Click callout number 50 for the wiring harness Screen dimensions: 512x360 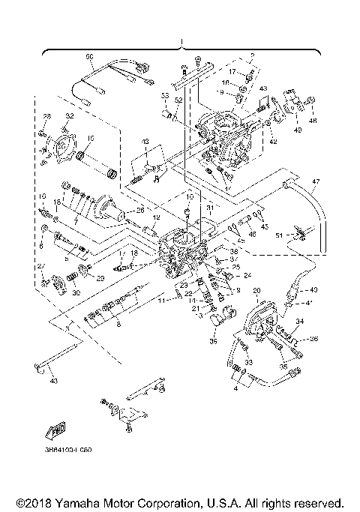click(88, 57)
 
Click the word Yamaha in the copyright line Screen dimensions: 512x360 click(79, 502)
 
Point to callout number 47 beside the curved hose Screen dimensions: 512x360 click(316, 182)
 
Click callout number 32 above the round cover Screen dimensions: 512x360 click(68, 116)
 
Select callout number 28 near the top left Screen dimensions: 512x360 click(46, 115)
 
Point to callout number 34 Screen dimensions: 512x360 click(300, 321)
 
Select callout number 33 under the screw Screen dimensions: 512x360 click(250, 361)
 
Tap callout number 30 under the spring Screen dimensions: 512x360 click(75, 293)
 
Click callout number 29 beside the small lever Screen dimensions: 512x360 click(100, 278)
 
